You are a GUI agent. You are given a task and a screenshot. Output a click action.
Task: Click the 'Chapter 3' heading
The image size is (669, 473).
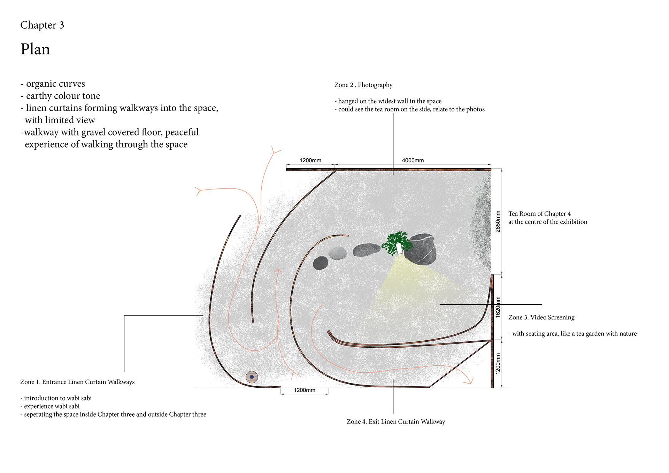point(42,25)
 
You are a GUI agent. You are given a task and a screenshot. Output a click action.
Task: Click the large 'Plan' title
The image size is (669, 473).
point(35,49)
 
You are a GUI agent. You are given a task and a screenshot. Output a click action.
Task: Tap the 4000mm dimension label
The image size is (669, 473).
point(413,160)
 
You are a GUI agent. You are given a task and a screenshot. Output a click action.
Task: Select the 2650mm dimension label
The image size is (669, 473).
point(498,222)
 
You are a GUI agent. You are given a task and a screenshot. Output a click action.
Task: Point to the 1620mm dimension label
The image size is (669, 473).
point(498,307)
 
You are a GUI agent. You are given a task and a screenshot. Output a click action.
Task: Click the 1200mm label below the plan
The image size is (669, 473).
point(304,390)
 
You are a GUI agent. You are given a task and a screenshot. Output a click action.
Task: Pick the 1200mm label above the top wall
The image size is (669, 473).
point(310,160)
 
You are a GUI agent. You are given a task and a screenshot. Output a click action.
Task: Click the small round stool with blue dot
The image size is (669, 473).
point(252,377)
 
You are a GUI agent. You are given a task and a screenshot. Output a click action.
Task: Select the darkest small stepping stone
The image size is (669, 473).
point(321,263)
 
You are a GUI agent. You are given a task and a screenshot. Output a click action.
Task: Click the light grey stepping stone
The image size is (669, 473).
point(337,253)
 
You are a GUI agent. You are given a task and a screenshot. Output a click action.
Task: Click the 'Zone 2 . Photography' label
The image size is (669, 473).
point(363,85)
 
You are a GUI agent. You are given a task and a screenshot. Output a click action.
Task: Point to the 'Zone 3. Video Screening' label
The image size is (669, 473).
point(541,317)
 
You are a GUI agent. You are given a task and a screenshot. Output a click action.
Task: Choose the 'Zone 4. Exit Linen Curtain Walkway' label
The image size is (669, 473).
point(396,421)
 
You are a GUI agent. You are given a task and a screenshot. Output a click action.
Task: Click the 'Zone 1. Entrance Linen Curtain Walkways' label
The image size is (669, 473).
point(77,382)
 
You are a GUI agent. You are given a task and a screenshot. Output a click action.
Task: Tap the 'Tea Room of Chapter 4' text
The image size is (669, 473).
point(539,214)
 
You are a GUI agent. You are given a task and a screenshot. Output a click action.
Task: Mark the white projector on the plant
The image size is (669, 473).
point(399,248)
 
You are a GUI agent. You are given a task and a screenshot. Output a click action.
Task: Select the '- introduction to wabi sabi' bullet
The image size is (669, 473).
point(56,398)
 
